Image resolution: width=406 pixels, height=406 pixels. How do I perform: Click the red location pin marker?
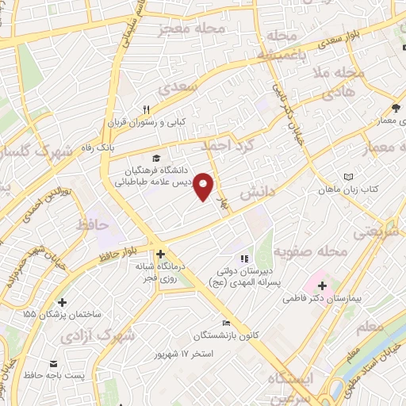pyautogui.click(x=204, y=186)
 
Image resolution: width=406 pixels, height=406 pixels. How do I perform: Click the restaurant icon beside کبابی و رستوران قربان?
pyautogui.click(x=146, y=110)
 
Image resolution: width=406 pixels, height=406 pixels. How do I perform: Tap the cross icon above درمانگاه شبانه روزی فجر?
pyautogui.click(x=161, y=255)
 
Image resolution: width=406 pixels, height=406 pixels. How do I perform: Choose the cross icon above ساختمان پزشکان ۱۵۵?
pyautogui.click(x=63, y=302)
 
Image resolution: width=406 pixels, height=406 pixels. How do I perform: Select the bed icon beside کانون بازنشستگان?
pyautogui.click(x=227, y=323)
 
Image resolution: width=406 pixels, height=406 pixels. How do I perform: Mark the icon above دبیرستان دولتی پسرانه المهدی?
pyautogui.click(x=244, y=258)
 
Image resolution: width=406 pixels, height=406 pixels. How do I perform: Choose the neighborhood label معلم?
pyautogui.click(x=370, y=326)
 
